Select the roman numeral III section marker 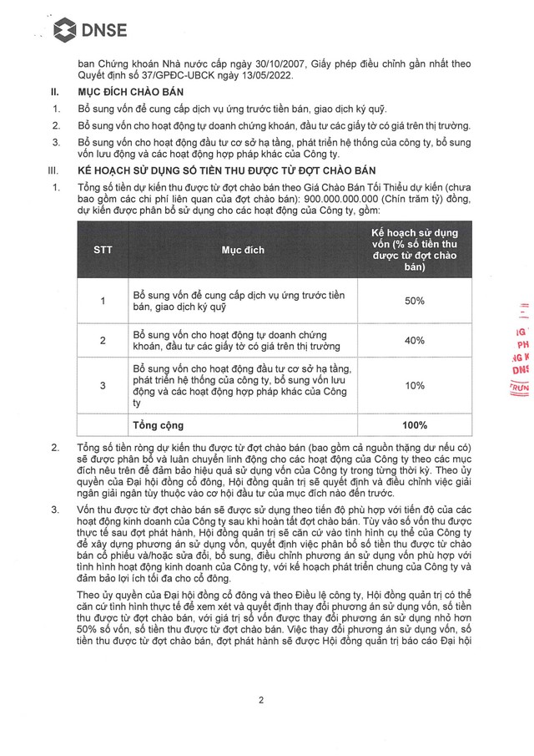click(x=56, y=170)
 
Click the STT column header click(x=103, y=250)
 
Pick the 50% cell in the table click(x=414, y=301)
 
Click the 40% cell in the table click(x=414, y=340)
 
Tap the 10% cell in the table click(x=414, y=385)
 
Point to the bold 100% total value click(x=414, y=424)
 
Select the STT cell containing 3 click(x=103, y=385)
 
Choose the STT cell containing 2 click(x=103, y=340)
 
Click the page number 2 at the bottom click(x=261, y=700)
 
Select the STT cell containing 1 click(x=103, y=301)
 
